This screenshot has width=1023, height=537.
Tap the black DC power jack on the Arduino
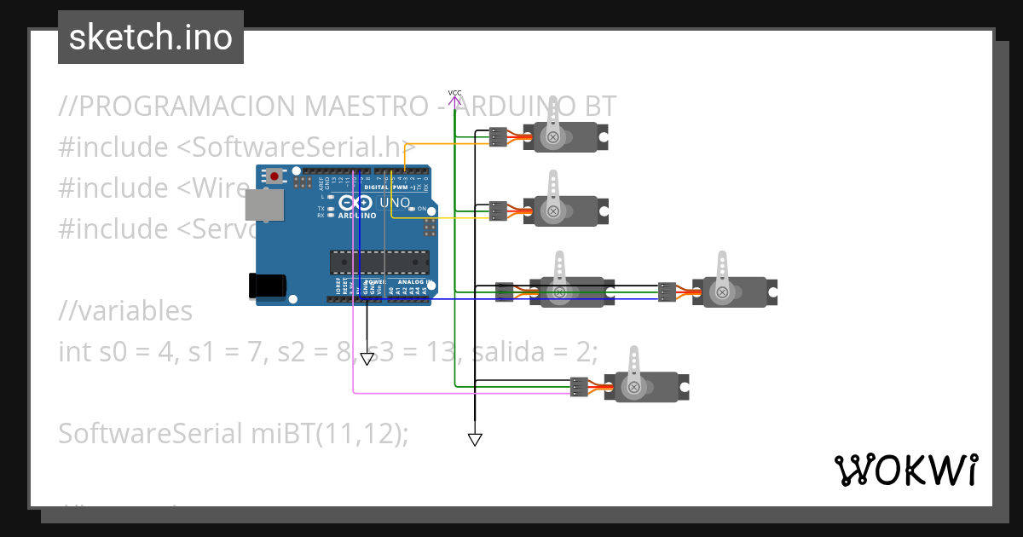(265, 286)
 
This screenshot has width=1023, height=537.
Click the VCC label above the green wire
(454, 92)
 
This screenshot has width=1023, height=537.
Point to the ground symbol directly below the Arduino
(367, 359)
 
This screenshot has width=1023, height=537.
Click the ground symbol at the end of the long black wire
(475, 440)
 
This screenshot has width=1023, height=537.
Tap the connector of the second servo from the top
(498, 211)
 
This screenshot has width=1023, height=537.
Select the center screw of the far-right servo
(722, 292)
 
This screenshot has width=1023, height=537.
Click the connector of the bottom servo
(580, 387)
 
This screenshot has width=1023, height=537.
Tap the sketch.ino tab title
(151, 38)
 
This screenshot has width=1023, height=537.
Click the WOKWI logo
(905, 470)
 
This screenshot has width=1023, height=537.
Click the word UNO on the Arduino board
(394, 203)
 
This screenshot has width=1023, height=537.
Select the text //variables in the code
(125, 311)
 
